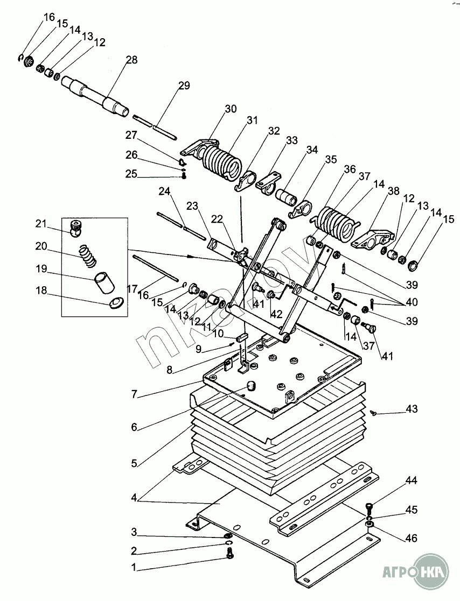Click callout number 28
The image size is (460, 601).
(x=131, y=60)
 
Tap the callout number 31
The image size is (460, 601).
(x=252, y=121)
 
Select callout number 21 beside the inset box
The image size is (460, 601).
(x=41, y=223)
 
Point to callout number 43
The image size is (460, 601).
(x=412, y=409)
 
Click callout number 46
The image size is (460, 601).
(x=412, y=538)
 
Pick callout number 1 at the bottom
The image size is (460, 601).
(x=134, y=568)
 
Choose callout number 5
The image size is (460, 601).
(x=134, y=463)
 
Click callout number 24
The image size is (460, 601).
(x=165, y=191)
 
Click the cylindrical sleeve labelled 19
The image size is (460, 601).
(x=104, y=283)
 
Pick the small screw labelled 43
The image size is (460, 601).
(x=374, y=413)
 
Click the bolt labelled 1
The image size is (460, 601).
(x=230, y=553)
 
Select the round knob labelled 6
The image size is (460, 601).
(x=251, y=386)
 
